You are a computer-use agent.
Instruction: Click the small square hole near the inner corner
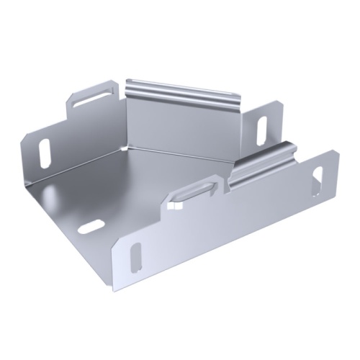coord(172,206)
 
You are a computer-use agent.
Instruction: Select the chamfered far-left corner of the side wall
coord(23,137)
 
